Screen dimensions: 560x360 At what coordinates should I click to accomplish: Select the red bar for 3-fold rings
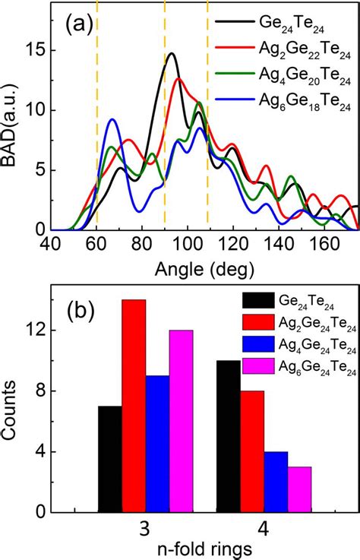134,403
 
